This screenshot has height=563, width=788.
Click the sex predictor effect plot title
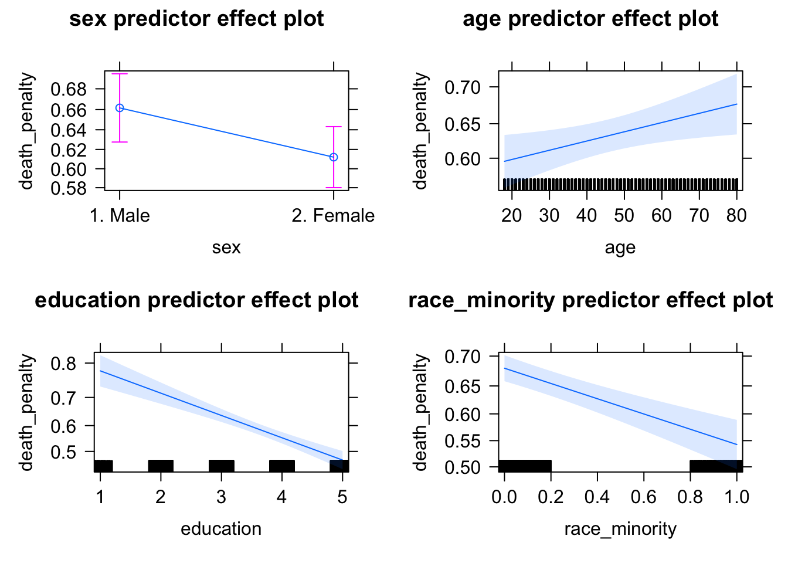point(196,19)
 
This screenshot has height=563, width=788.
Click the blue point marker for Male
point(120,108)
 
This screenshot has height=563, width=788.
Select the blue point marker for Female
point(334,157)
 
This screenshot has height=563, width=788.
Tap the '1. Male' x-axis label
point(120,216)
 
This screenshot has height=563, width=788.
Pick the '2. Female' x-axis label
point(333,216)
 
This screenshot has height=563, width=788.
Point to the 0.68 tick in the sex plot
point(69,89)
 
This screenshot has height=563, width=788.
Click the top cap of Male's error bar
point(120,74)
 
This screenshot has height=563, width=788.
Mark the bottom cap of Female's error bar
point(334,188)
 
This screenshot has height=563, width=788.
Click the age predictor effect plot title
point(590,19)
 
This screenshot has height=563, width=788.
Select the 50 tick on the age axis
point(624,216)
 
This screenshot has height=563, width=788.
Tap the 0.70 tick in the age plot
point(462,87)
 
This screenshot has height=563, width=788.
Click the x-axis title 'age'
point(620,247)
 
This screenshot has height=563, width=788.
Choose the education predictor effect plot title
point(196,300)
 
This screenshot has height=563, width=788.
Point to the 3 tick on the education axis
point(221,497)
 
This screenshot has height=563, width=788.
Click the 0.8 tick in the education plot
point(63,364)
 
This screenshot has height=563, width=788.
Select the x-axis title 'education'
point(221,529)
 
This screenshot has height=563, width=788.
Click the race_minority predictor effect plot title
point(590,300)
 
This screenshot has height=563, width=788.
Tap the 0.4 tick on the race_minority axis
point(597,497)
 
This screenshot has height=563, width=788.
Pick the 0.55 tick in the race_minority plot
point(462,441)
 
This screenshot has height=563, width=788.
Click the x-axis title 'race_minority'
point(620,529)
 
